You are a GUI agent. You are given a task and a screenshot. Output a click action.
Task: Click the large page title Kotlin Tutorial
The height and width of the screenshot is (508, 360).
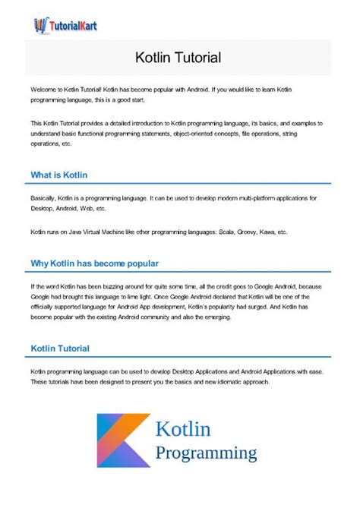pos(178,57)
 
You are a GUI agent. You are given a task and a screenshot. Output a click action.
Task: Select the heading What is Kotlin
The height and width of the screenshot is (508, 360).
pos(59,175)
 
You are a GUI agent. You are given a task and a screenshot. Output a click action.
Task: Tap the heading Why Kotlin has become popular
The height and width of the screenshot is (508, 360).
pos(95,263)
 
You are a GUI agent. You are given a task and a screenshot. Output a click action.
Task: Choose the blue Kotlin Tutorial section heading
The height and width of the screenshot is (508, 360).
pos(60,349)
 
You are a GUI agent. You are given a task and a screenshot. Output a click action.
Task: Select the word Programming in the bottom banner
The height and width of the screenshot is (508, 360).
pos(206,453)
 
